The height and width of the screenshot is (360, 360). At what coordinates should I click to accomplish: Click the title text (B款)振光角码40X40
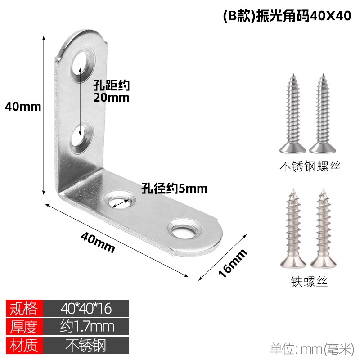287,16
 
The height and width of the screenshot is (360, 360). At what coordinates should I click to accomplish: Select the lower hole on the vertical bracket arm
81,137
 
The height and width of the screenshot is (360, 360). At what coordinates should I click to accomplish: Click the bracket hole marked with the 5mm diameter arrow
121,201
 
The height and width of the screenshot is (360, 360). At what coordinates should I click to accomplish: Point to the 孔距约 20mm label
111,91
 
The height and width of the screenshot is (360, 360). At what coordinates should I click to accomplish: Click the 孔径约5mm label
174,189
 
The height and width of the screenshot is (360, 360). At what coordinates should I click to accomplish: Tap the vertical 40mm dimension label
23,107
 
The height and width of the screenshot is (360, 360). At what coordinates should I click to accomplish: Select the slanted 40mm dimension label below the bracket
98,242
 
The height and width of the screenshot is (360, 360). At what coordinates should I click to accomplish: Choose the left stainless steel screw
293,113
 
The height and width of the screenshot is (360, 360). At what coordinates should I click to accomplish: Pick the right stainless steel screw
323,113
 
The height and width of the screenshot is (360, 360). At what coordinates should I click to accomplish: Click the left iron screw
293,228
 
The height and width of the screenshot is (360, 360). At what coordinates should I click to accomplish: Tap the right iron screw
323,228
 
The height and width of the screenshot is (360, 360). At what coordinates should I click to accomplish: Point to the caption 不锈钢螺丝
310,166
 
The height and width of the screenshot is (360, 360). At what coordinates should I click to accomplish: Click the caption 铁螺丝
309,281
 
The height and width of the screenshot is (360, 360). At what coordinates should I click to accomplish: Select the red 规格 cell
24,308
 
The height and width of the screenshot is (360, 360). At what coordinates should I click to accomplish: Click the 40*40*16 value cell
86,308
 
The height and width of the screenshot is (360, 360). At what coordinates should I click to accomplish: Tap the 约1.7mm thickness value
87,326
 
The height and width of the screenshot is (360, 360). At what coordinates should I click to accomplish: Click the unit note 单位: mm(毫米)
312,349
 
